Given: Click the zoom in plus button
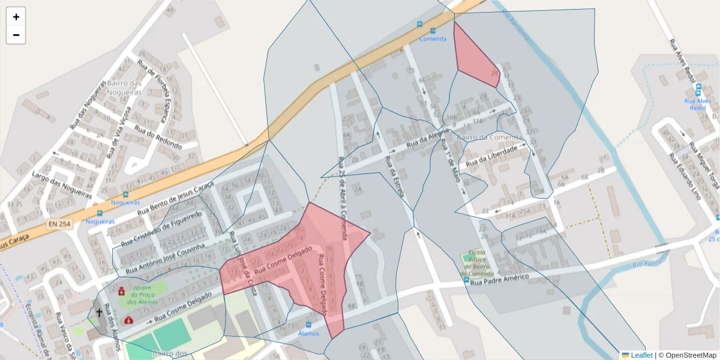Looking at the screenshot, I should pyautogui.click(x=16, y=17).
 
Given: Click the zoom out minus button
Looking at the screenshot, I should pyautogui.click(x=16, y=35).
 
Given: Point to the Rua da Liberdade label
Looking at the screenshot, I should pyautogui.click(x=491, y=155).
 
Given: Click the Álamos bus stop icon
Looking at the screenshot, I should pyautogui.click(x=308, y=325).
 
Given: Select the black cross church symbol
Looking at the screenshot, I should pyautogui.click(x=99, y=313).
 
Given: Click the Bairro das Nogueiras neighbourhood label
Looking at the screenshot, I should pyautogui.click(x=124, y=88).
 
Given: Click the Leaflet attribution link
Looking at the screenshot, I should pyautogui.click(x=641, y=355).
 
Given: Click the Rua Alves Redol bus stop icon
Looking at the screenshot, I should pyautogui.click(x=698, y=91).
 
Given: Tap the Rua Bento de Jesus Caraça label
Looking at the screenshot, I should pyautogui.click(x=175, y=199).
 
